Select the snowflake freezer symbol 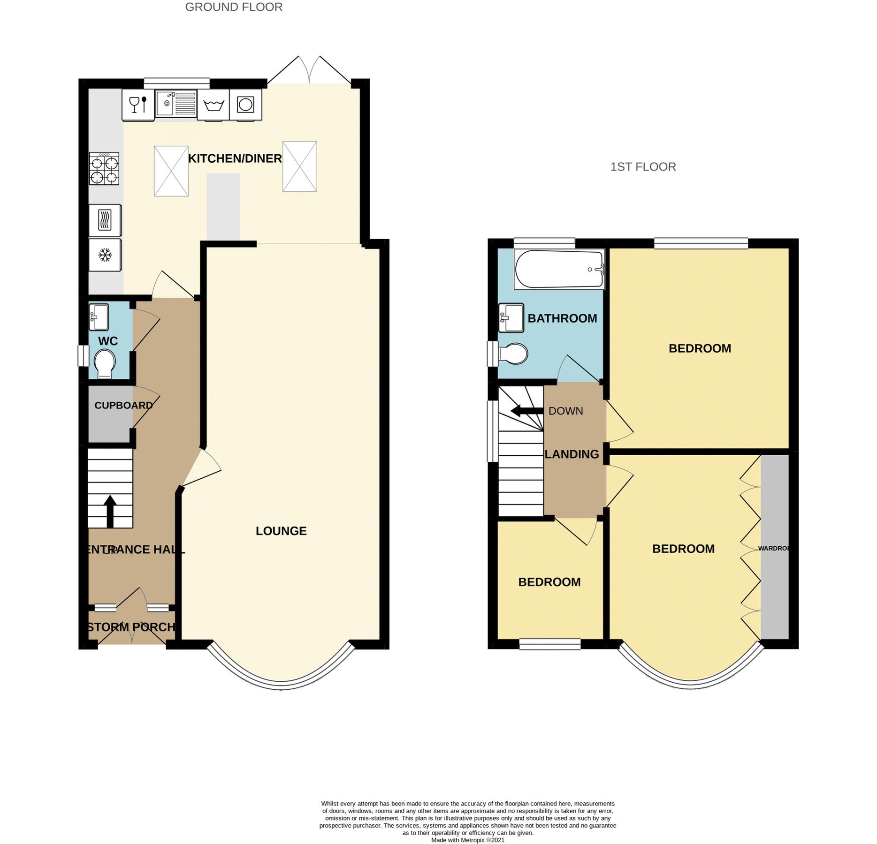pyautogui.click(x=105, y=255)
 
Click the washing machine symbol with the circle pyautogui.click(x=245, y=104)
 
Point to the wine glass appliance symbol pyautogui.click(x=138, y=104)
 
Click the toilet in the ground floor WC pyautogui.click(x=105, y=364)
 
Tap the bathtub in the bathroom pyautogui.click(x=559, y=270)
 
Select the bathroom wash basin pyautogui.click(x=511, y=318)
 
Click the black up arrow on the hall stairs pyautogui.click(x=110, y=512)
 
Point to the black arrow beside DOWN pyautogui.click(x=526, y=411)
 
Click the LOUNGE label pyautogui.click(x=281, y=531)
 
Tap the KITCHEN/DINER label pyautogui.click(x=235, y=158)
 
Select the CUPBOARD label pyautogui.click(x=123, y=406)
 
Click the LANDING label pyautogui.click(x=572, y=454)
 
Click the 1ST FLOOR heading pyautogui.click(x=643, y=167)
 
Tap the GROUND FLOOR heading pyautogui.click(x=234, y=7)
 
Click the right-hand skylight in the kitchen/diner pyautogui.click(x=299, y=166)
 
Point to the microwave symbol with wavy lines pyautogui.click(x=105, y=220)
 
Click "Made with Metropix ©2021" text pyautogui.click(x=467, y=840)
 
